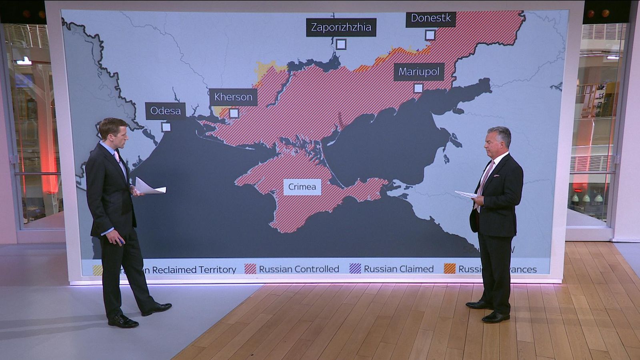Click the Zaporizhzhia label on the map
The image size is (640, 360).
click(341, 27)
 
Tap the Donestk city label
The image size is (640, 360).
click(430, 18)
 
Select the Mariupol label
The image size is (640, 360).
click(419, 72)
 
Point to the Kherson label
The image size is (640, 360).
click(233, 97)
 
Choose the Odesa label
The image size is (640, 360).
click(165, 111)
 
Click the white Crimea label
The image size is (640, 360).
click(302, 187)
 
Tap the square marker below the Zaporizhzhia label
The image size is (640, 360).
click(341, 44)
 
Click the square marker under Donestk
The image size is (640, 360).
click(430, 35)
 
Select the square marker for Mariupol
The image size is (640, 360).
click(418, 88)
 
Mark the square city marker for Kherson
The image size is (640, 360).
click(234, 113)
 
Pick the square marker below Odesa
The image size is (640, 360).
click(166, 127)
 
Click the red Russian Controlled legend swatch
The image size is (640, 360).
click(250, 269)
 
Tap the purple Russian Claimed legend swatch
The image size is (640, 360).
click(355, 269)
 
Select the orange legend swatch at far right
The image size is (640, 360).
click(450, 269)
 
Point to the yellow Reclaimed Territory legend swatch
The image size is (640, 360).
click(97, 270)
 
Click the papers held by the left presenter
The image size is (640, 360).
click(150, 187)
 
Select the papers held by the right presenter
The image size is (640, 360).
click(466, 194)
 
